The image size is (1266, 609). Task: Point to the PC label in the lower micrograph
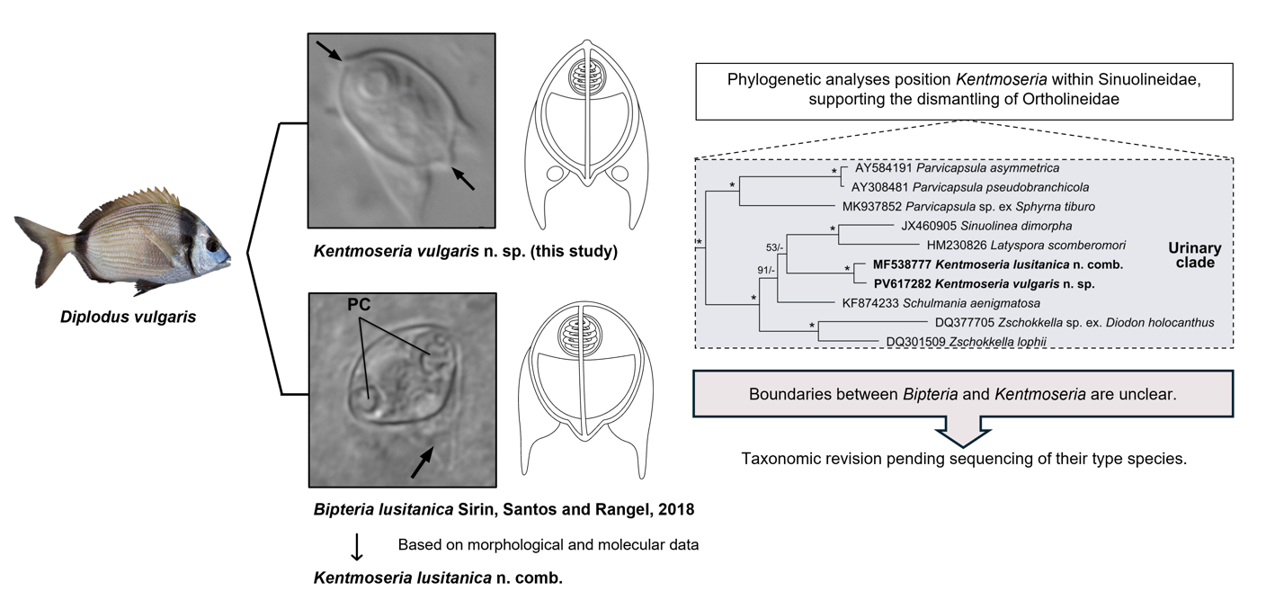(359, 305)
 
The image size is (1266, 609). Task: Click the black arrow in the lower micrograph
(421, 462)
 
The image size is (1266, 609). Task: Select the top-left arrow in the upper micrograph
(328, 49)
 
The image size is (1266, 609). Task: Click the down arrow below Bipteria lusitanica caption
(357, 547)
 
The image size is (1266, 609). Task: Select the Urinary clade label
(1194, 255)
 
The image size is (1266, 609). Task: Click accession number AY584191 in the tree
(882, 168)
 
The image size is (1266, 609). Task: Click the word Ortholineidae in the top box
(1071, 99)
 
